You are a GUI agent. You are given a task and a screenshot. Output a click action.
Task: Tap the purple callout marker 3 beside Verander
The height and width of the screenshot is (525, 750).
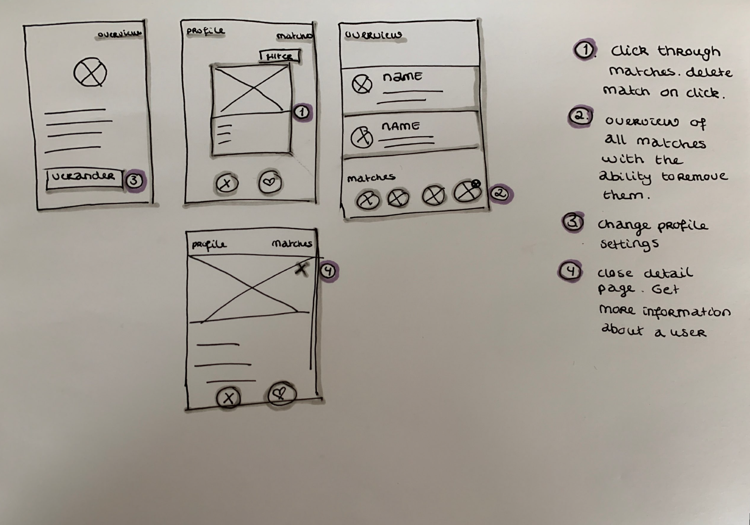[x=134, y=180]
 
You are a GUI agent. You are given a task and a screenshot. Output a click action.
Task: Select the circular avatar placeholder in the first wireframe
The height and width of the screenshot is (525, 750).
[x=90, y=73]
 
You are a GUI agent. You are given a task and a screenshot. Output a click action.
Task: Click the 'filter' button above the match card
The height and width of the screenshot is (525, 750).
[x=279, y=56]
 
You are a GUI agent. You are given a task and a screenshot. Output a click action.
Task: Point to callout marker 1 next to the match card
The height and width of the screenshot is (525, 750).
[x=302, y=112]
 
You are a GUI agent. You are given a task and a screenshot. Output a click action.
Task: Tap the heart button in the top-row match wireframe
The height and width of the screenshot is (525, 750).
[x=270, y=182]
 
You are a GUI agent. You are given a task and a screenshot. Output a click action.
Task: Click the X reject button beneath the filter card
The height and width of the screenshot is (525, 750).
[x=227, y=183]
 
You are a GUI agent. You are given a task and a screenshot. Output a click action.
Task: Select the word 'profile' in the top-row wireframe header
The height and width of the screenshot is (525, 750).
[x=206, y=31]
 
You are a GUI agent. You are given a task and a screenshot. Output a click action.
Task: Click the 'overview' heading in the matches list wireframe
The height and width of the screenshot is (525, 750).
[x=373, y=35]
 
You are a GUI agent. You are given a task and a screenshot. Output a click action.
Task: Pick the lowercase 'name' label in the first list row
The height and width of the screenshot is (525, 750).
[x=402, y=77]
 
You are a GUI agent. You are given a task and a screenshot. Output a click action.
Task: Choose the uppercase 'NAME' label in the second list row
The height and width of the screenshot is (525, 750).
[x=400, y=126]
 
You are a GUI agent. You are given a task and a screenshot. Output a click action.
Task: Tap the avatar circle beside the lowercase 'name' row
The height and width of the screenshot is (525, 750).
[x=362, y=84]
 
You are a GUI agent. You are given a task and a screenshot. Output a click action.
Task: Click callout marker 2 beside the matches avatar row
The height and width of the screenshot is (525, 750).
[x=500, y=194]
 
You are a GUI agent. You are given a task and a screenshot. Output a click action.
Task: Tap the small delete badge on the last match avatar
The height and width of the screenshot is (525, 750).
[x=476, y=184]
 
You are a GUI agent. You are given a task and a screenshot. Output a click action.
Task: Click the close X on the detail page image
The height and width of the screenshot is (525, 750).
[x=301, y=268]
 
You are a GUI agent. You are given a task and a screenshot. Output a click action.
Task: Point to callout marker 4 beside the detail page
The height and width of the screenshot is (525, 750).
[x=329, y=271]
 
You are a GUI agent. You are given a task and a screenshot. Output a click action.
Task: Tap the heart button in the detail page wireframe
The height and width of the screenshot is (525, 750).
[x=280, y=394]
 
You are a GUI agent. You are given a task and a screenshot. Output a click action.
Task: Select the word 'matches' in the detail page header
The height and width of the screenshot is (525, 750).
[x=292, y=243]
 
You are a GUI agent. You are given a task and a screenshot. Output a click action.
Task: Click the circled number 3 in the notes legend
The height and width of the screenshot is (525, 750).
[x=572, y=222]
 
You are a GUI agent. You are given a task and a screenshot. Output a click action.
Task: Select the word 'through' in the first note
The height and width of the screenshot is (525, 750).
[x=689, y=51]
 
